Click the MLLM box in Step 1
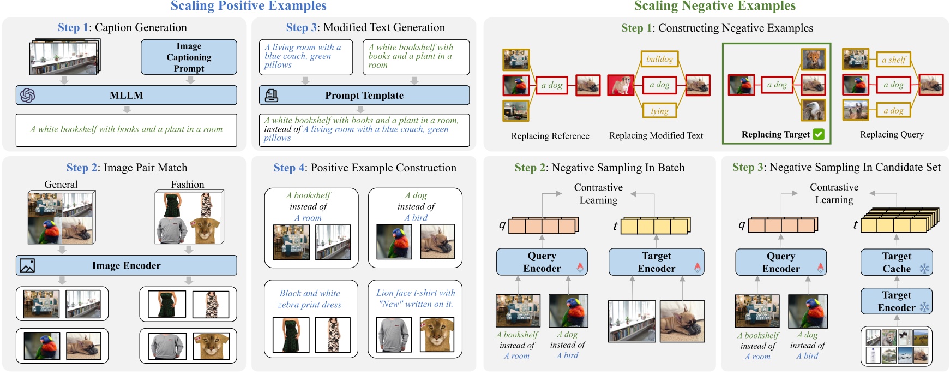coord(126,95)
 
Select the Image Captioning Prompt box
coord(189,57)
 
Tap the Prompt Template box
coord(364,95)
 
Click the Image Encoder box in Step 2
coord(126,265)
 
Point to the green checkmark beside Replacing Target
coord(819,134)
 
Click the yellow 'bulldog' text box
coord(659,59)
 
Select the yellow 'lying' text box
coord(659,111)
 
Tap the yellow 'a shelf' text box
coord(893,60)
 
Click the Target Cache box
coord(897,262)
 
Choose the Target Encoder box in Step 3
coord(897,301)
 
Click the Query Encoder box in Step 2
coord(542,262)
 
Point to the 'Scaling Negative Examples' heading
coord(714,6)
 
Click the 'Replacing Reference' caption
coord(550,136)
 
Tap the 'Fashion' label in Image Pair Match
coord(188,185)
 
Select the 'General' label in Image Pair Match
coord(61,185)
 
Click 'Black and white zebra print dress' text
coord(310,299)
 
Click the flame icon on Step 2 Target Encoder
coord(697,268)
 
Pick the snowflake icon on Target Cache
coord(924,268)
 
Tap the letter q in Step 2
coord(502,224)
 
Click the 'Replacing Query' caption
coord(892,135)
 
